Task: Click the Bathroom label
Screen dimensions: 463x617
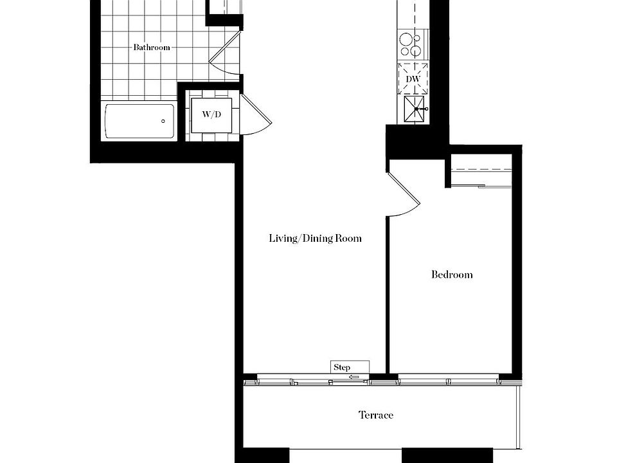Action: (152, 48)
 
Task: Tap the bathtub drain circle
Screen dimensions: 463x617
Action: (163, 121)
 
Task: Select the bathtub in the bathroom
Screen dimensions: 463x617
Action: (139, 121)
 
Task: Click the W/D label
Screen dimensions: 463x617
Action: (211, 115)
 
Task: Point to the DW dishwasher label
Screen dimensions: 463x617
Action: (413, 79)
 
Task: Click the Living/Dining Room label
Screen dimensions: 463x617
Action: (315, 239)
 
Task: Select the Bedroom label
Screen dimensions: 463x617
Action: (451, 275)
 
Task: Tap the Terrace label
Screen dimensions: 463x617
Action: (375, 415)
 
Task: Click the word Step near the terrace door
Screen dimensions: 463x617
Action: (342, 368)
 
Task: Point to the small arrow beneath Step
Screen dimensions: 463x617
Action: (353, 377)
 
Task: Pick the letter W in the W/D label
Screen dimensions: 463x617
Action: (206, 115)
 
